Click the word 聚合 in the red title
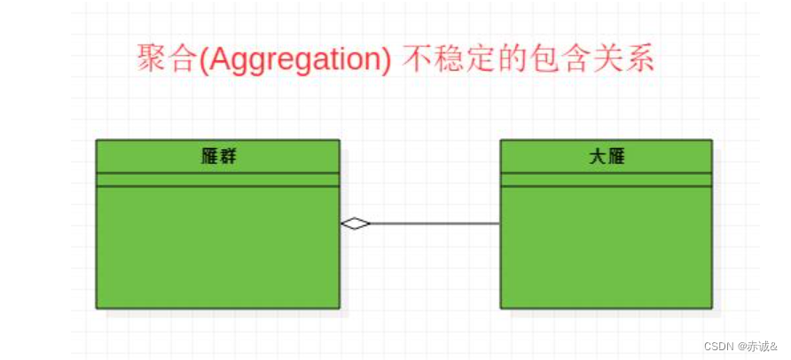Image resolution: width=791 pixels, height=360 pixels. tap(166, 59)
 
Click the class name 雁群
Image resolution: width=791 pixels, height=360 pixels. tap(218, 157)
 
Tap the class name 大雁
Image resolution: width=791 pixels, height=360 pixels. tap(607, 157)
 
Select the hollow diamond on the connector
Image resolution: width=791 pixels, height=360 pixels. tap(355, 223)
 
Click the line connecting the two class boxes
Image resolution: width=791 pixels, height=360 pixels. tap(435, 223)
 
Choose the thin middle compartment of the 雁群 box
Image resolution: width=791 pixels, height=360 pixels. tap(218, 179)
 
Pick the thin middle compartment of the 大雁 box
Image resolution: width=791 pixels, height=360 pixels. tap(607, 179)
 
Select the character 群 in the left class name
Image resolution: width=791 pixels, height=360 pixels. tap(227, 157)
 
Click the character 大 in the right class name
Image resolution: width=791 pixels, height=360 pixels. tap(598, 157)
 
